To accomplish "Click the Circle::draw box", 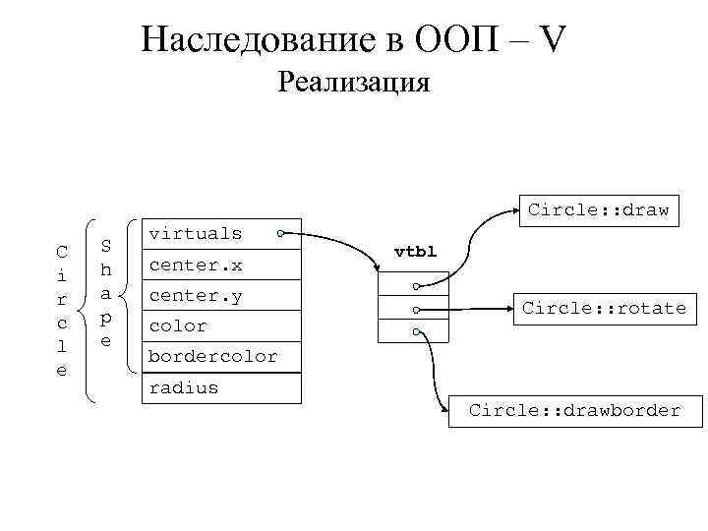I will coord(598,209).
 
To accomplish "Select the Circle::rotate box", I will coord(604,308).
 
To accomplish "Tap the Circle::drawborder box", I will coord(574,410).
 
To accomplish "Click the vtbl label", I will coord(414,251).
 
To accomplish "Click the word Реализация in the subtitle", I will coord(354,81).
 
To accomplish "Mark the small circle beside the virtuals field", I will coord(281,234).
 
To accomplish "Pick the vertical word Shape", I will coord(106,292).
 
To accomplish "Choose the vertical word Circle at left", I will coord(61,310).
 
